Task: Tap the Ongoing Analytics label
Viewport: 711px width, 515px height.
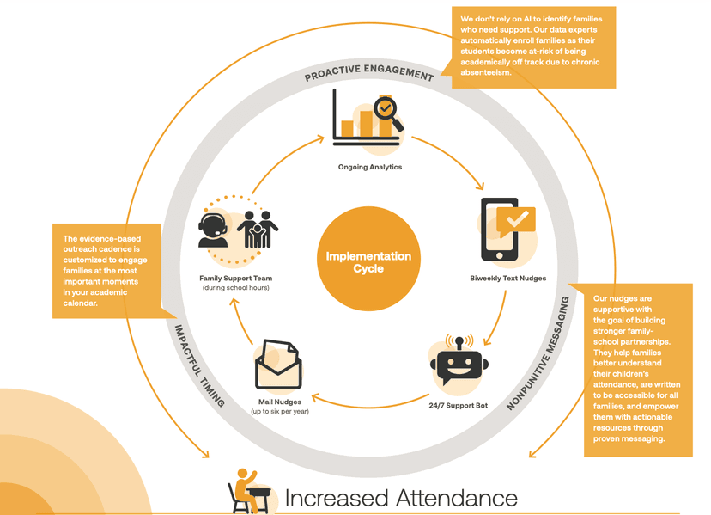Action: (x=369, y=167)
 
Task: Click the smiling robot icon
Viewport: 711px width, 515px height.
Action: (x=459, y=364)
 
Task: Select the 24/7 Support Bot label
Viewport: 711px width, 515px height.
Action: (x=458, y=404)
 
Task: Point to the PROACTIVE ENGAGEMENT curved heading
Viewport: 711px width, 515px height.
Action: (x=369, y=74)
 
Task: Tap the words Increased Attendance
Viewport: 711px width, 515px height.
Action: (x=400, y=498)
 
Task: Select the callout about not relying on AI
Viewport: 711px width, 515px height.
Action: (x=534, y=47)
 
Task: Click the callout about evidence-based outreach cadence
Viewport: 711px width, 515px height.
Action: (x=106, y=270)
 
